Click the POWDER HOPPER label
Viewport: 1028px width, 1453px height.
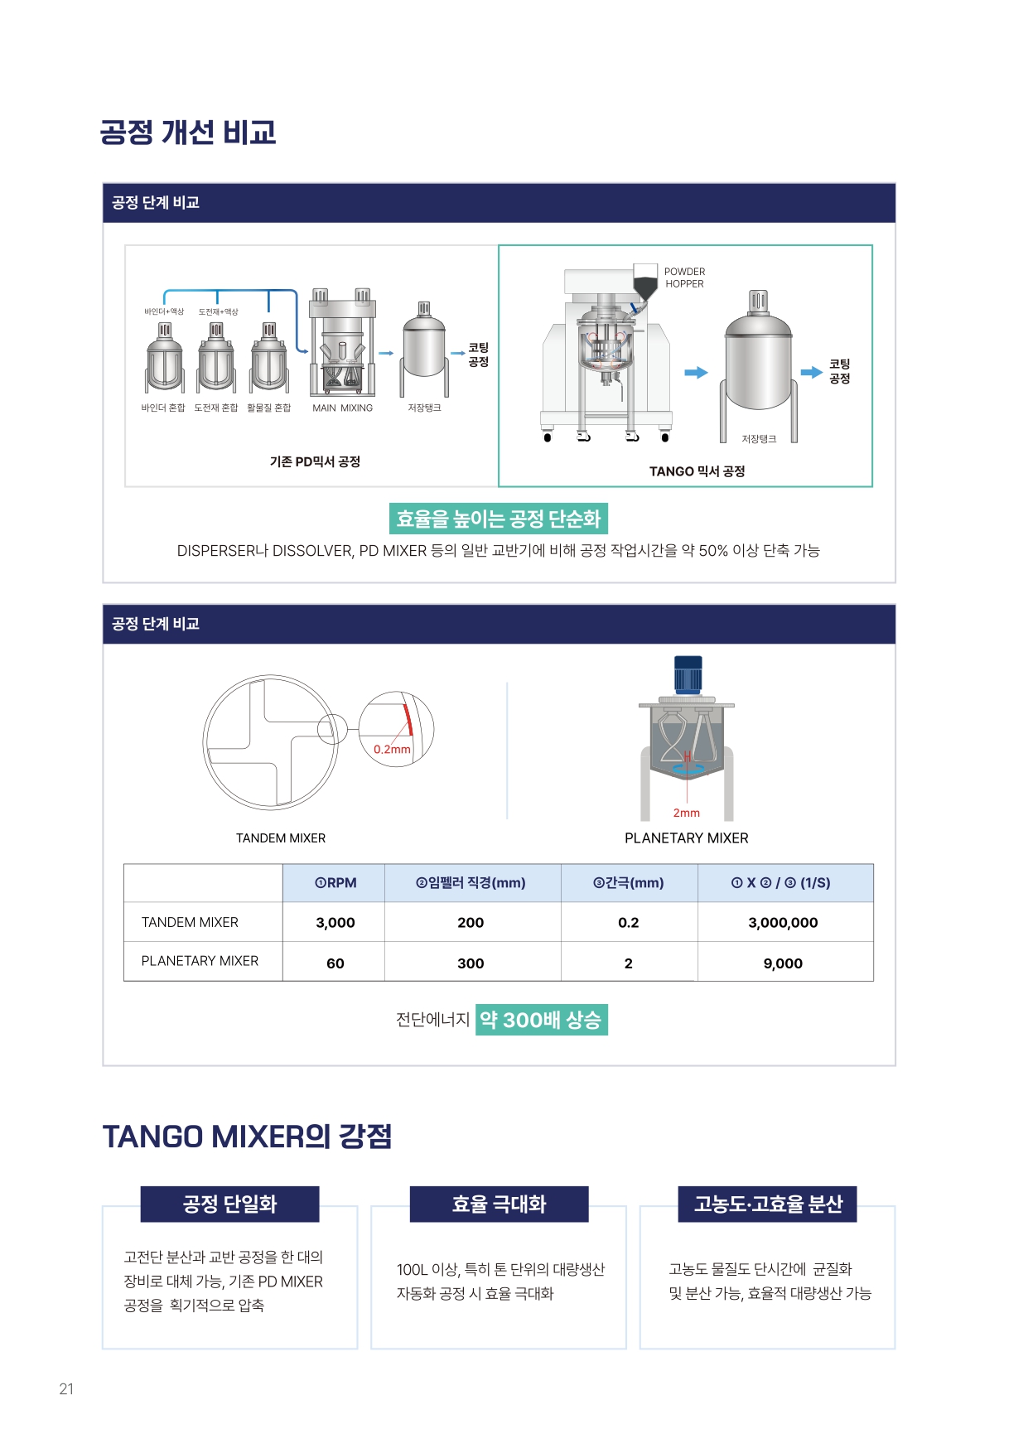tap(684, 278)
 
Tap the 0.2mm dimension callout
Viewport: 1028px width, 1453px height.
tap(392, 749)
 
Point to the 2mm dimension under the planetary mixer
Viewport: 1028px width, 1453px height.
tap(686, 813)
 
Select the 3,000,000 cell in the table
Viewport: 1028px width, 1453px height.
tap(783, 922)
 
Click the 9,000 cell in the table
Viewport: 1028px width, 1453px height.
tap(783, 963)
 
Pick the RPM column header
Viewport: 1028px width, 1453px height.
tap(335, 883)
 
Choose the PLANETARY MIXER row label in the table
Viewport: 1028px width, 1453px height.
tap(200, 961)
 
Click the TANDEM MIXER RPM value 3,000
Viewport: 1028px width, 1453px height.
tap(335, 922)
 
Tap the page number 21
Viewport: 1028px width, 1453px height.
tap(66, 1389)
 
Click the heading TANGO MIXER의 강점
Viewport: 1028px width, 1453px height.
tap(247, 1137)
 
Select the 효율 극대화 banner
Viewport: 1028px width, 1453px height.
tap(499, 1204)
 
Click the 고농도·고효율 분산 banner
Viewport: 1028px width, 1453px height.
tap(768, 1204)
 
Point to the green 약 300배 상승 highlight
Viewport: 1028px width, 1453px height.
tap(542, 1020)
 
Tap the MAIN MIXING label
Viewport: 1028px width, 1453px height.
tap(342, 408)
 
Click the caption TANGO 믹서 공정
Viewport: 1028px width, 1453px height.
tap(697, 471)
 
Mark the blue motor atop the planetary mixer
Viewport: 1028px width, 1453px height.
tap(688, 674)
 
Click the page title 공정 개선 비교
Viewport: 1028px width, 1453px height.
tap(188, 133)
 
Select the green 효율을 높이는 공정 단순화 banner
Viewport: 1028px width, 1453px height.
tap(499, 519)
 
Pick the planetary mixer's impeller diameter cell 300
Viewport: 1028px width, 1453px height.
tap(471, 963)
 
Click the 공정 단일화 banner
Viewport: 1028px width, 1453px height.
tap(229, 1204)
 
